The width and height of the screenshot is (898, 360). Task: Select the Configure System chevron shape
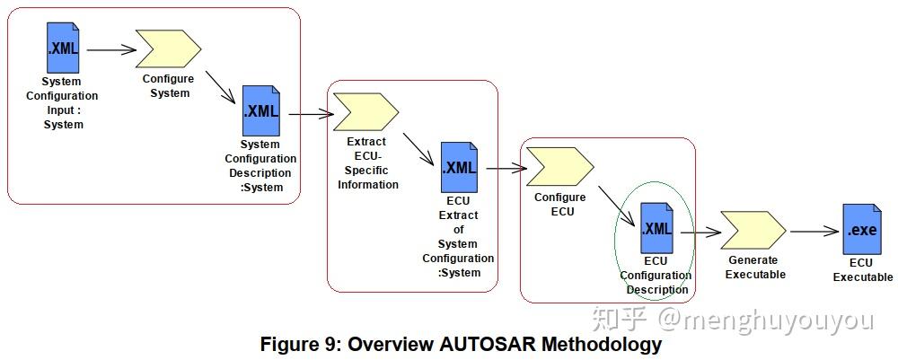(168, 48)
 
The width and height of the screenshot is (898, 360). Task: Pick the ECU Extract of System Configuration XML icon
(459, 167)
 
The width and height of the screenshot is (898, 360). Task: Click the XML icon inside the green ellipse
(656, 228)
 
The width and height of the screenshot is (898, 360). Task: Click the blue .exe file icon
(861, 229)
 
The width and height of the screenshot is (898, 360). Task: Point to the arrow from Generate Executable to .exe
(814, 233)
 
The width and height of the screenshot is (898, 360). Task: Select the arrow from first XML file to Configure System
(110, 49)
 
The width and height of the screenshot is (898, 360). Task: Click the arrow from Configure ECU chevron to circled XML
(619, 203)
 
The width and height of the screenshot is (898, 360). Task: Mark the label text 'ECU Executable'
(862, 270)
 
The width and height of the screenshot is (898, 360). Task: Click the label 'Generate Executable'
(754, 268)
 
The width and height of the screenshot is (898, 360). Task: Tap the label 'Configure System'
(168, 86)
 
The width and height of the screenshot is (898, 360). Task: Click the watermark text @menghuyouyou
(765, 320)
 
